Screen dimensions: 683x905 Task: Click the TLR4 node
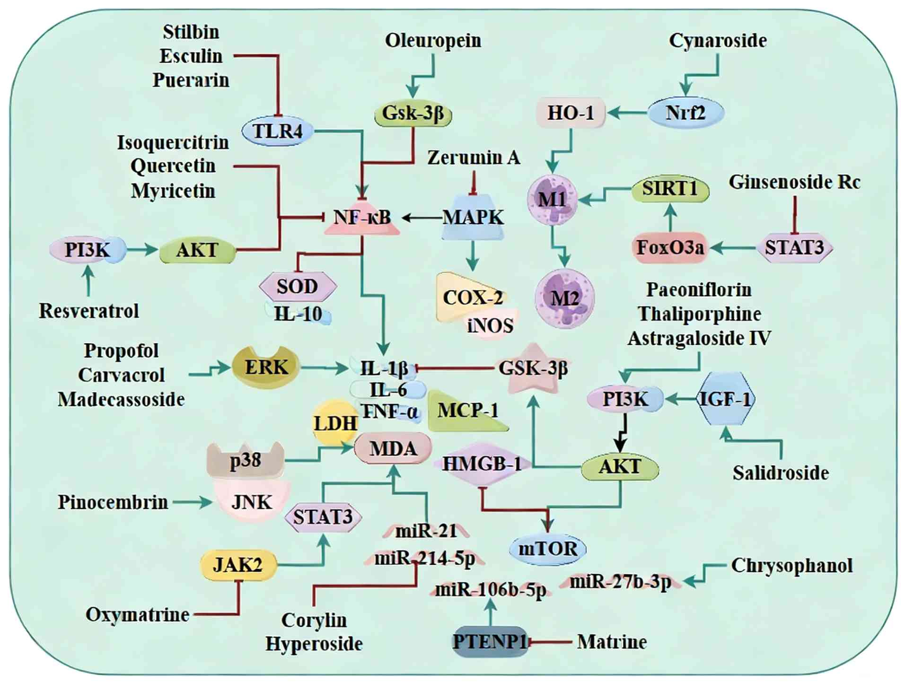[x=278, y=131]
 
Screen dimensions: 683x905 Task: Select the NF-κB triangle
[x=362, y=219]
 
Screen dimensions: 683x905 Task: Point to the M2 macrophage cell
[x=564, y=298]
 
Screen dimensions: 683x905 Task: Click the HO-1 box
[x=571, y=113]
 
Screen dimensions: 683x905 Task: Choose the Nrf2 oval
[x=685, y=113]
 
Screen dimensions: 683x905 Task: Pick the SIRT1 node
[x=670, y=189]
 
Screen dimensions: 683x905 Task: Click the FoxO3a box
[x=670, y=247]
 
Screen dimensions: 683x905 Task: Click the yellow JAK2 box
[x=237, y=565]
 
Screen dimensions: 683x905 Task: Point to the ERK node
[x=266, y=367]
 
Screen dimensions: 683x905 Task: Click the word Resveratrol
[x=89, y=311]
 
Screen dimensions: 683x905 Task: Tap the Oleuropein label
[x=433, y=41]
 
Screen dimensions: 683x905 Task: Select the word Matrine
[x=612, y=642]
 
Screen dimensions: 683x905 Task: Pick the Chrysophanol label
[x=791, y=565]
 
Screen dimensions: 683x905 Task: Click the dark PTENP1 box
[x=490, y=642]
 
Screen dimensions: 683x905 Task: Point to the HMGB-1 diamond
[x=482, y=464]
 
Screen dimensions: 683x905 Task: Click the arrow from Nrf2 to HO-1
[x=627, y=113]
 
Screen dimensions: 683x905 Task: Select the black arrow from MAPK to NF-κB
[x=422, y=218]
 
